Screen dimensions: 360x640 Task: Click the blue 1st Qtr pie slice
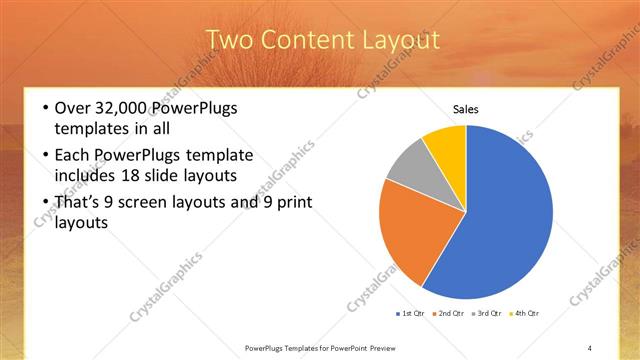(x=505, y=215)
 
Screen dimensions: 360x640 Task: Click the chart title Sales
(x=466, y=109)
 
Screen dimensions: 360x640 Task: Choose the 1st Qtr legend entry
(x=413, y=314)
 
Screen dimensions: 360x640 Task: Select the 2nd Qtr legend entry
(x=451, y=314)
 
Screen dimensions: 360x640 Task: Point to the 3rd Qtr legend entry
(x=489, y=314)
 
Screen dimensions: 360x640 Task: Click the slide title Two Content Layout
(x=322, y=40)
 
